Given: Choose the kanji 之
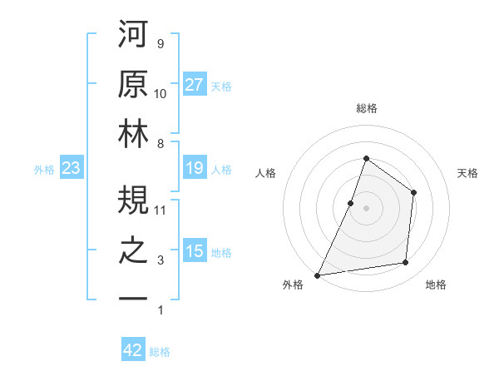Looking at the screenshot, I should coord(133,253).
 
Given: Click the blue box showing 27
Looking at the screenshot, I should coord(194,85).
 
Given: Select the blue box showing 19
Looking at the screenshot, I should coord(194,169).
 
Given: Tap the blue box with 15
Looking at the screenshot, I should coord(194,252).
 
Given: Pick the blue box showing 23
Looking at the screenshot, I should coord(71,169).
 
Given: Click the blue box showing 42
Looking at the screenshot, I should coord(133,351).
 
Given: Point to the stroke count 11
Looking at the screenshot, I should coord(161,210).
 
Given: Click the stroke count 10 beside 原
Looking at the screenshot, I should coord(161,94).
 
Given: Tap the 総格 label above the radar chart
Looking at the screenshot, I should coord(366,108).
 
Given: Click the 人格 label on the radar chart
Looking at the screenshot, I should coord(265,173).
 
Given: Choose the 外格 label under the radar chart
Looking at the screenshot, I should coord(293,285).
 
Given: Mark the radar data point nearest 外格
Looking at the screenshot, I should coord(317,275).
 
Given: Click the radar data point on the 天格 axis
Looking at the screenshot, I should coord(413,193).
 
